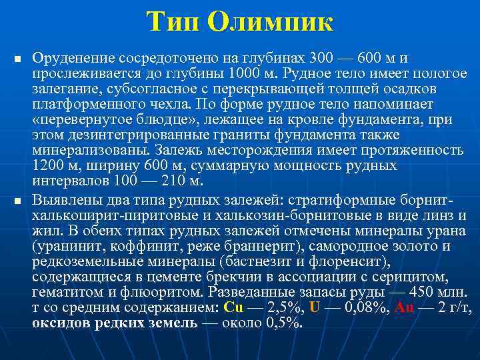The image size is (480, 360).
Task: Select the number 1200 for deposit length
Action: coord(47,165)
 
